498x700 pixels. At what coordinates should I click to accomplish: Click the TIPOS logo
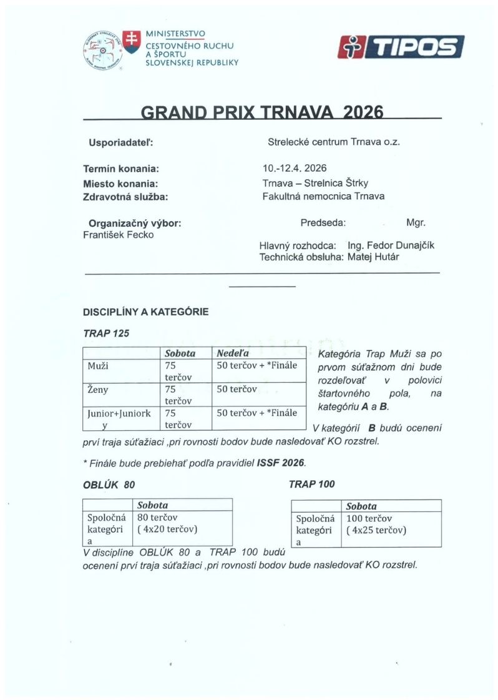pos(401,47)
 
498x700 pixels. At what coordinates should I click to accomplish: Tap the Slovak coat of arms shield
pos(131,41)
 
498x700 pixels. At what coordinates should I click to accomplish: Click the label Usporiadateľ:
pos(121,142)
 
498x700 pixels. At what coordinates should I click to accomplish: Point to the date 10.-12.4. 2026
pos(295,169)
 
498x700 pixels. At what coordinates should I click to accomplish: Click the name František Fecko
pos(118,235)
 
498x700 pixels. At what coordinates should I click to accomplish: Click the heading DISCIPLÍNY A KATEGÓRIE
pos(145,312)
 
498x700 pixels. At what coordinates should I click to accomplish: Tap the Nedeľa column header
pos(232,353)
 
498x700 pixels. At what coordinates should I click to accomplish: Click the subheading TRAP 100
pos(312,484)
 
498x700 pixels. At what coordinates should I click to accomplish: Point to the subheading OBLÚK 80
pos(109,485)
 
